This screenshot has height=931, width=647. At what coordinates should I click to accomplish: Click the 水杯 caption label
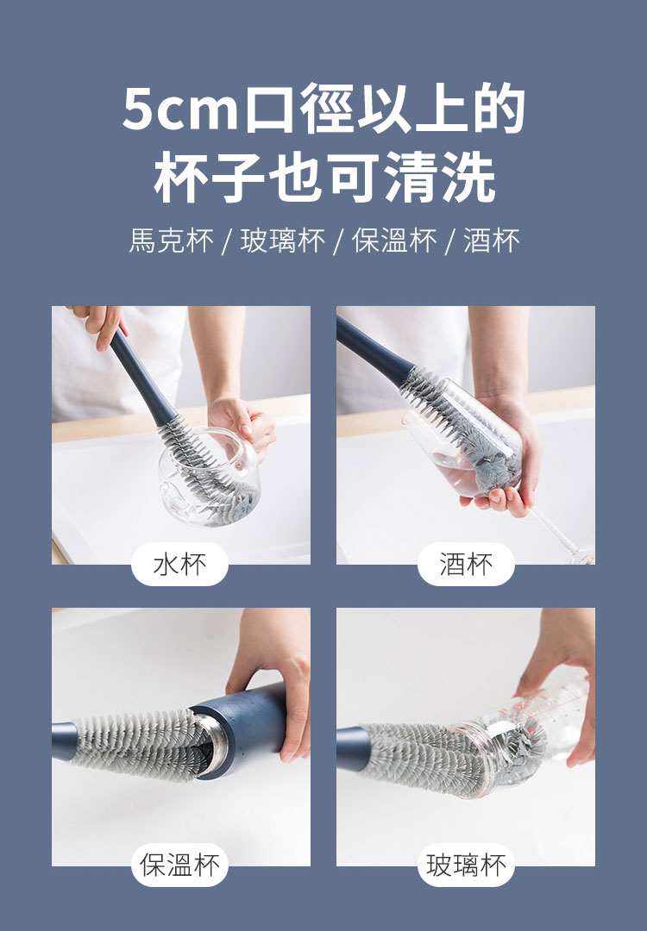tap(179, 564)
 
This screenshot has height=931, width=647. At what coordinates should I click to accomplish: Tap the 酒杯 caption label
tap(466, 564)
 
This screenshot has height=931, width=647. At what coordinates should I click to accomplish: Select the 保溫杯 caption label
tap(179, 865)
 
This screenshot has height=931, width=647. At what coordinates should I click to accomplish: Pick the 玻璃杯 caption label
tap(466, 865)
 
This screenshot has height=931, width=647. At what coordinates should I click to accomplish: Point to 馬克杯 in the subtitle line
tap(171, 241)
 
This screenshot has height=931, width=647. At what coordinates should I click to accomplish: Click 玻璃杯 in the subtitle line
tap(283, 241)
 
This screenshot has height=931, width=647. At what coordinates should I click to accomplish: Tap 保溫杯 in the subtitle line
tap(394, 241)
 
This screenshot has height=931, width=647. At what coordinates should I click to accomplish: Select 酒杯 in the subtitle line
tap(492, 241)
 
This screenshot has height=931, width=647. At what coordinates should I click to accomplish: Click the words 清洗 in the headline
tap(440, 177)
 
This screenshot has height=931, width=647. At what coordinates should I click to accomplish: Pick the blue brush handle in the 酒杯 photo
tap(374, 348)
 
